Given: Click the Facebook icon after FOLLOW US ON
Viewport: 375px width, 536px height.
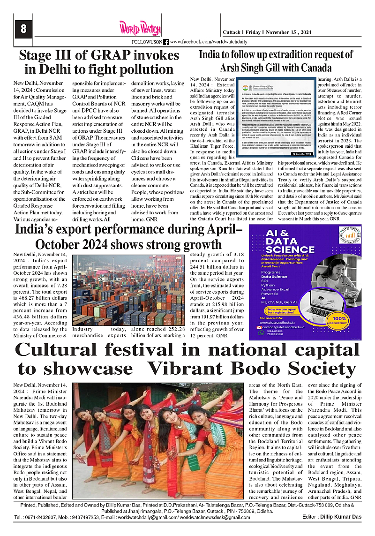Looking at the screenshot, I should click(165, 42).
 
